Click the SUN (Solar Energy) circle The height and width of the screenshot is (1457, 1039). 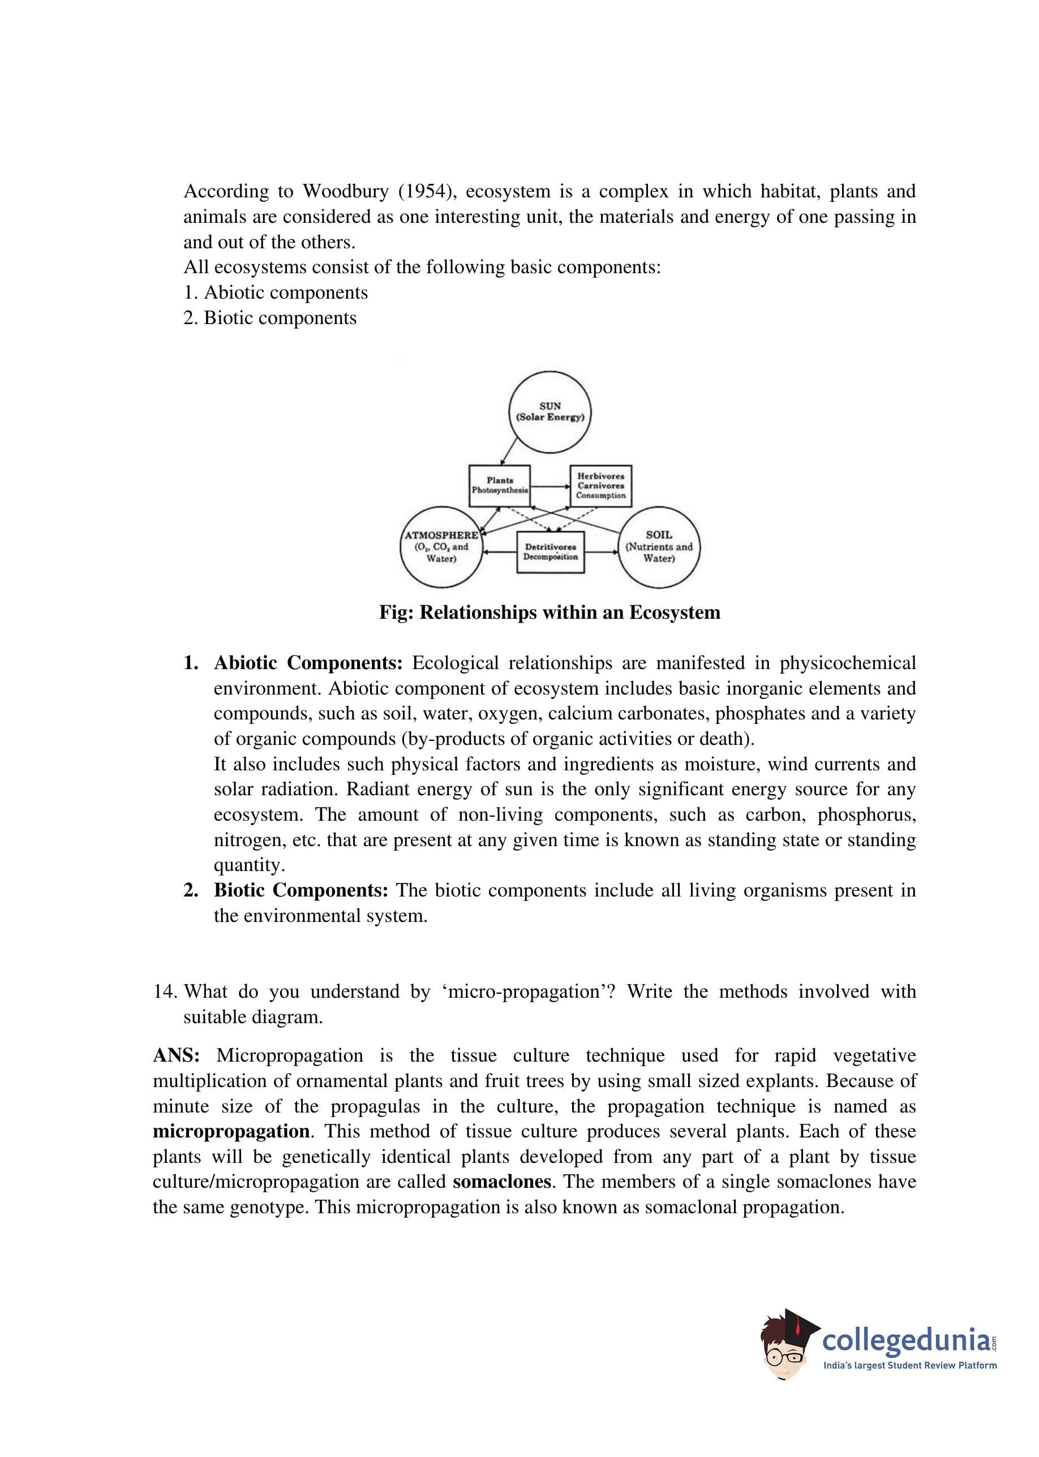[x=549, y=412]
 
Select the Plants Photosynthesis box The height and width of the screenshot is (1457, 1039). [x=500, y=485]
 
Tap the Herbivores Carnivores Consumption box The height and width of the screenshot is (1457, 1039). [x=601, y=486]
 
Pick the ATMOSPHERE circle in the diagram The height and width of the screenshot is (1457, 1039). [x=441, y=548]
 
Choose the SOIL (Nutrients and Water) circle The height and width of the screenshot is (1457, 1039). [x=659, y=548]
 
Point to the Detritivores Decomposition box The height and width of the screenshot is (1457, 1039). [x=550, y=551]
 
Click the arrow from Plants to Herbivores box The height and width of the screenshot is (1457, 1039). [x=549, y=486]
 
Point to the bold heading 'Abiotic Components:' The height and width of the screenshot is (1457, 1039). [x=308, y=663]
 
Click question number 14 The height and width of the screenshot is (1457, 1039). [x=165, y=992]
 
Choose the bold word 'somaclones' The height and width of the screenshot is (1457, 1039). [x=501, y=1182]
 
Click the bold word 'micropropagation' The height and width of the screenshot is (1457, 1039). [x=231, y=1131]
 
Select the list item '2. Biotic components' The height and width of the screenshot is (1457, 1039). [x=270, y=318]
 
